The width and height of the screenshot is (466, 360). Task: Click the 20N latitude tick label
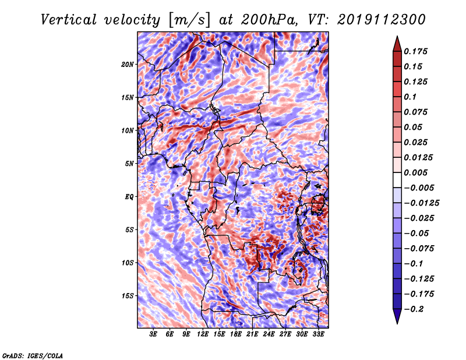[128, 65]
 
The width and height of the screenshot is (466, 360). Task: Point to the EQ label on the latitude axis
[129, 197]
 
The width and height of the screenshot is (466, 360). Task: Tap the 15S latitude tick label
[128, 296]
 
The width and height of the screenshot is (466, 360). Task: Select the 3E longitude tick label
[153, 334]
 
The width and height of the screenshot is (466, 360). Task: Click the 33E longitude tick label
[318, 334]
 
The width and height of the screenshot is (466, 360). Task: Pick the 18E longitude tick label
[236, 334]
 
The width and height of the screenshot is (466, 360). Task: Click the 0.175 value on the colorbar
[415, 51]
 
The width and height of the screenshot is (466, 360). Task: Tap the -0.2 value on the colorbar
[414, 309]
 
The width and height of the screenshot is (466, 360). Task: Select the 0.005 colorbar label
[415, 172]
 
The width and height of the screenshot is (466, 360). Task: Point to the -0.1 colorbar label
[414, 264]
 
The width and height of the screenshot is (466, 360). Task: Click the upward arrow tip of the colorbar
[397, 36]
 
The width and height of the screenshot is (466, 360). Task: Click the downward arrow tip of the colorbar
[397, 323]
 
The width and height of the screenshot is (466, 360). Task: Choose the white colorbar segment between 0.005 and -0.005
[397, 180]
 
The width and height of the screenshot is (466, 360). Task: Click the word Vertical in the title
[69, 20]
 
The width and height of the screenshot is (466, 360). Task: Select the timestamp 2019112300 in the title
[382, 20]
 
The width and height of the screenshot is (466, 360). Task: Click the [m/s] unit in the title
[189, 20]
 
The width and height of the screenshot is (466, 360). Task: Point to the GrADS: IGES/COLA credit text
[33, 355]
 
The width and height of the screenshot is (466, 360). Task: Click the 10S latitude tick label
[128, 263]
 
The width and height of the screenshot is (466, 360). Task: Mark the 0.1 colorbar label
[410, 97]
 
